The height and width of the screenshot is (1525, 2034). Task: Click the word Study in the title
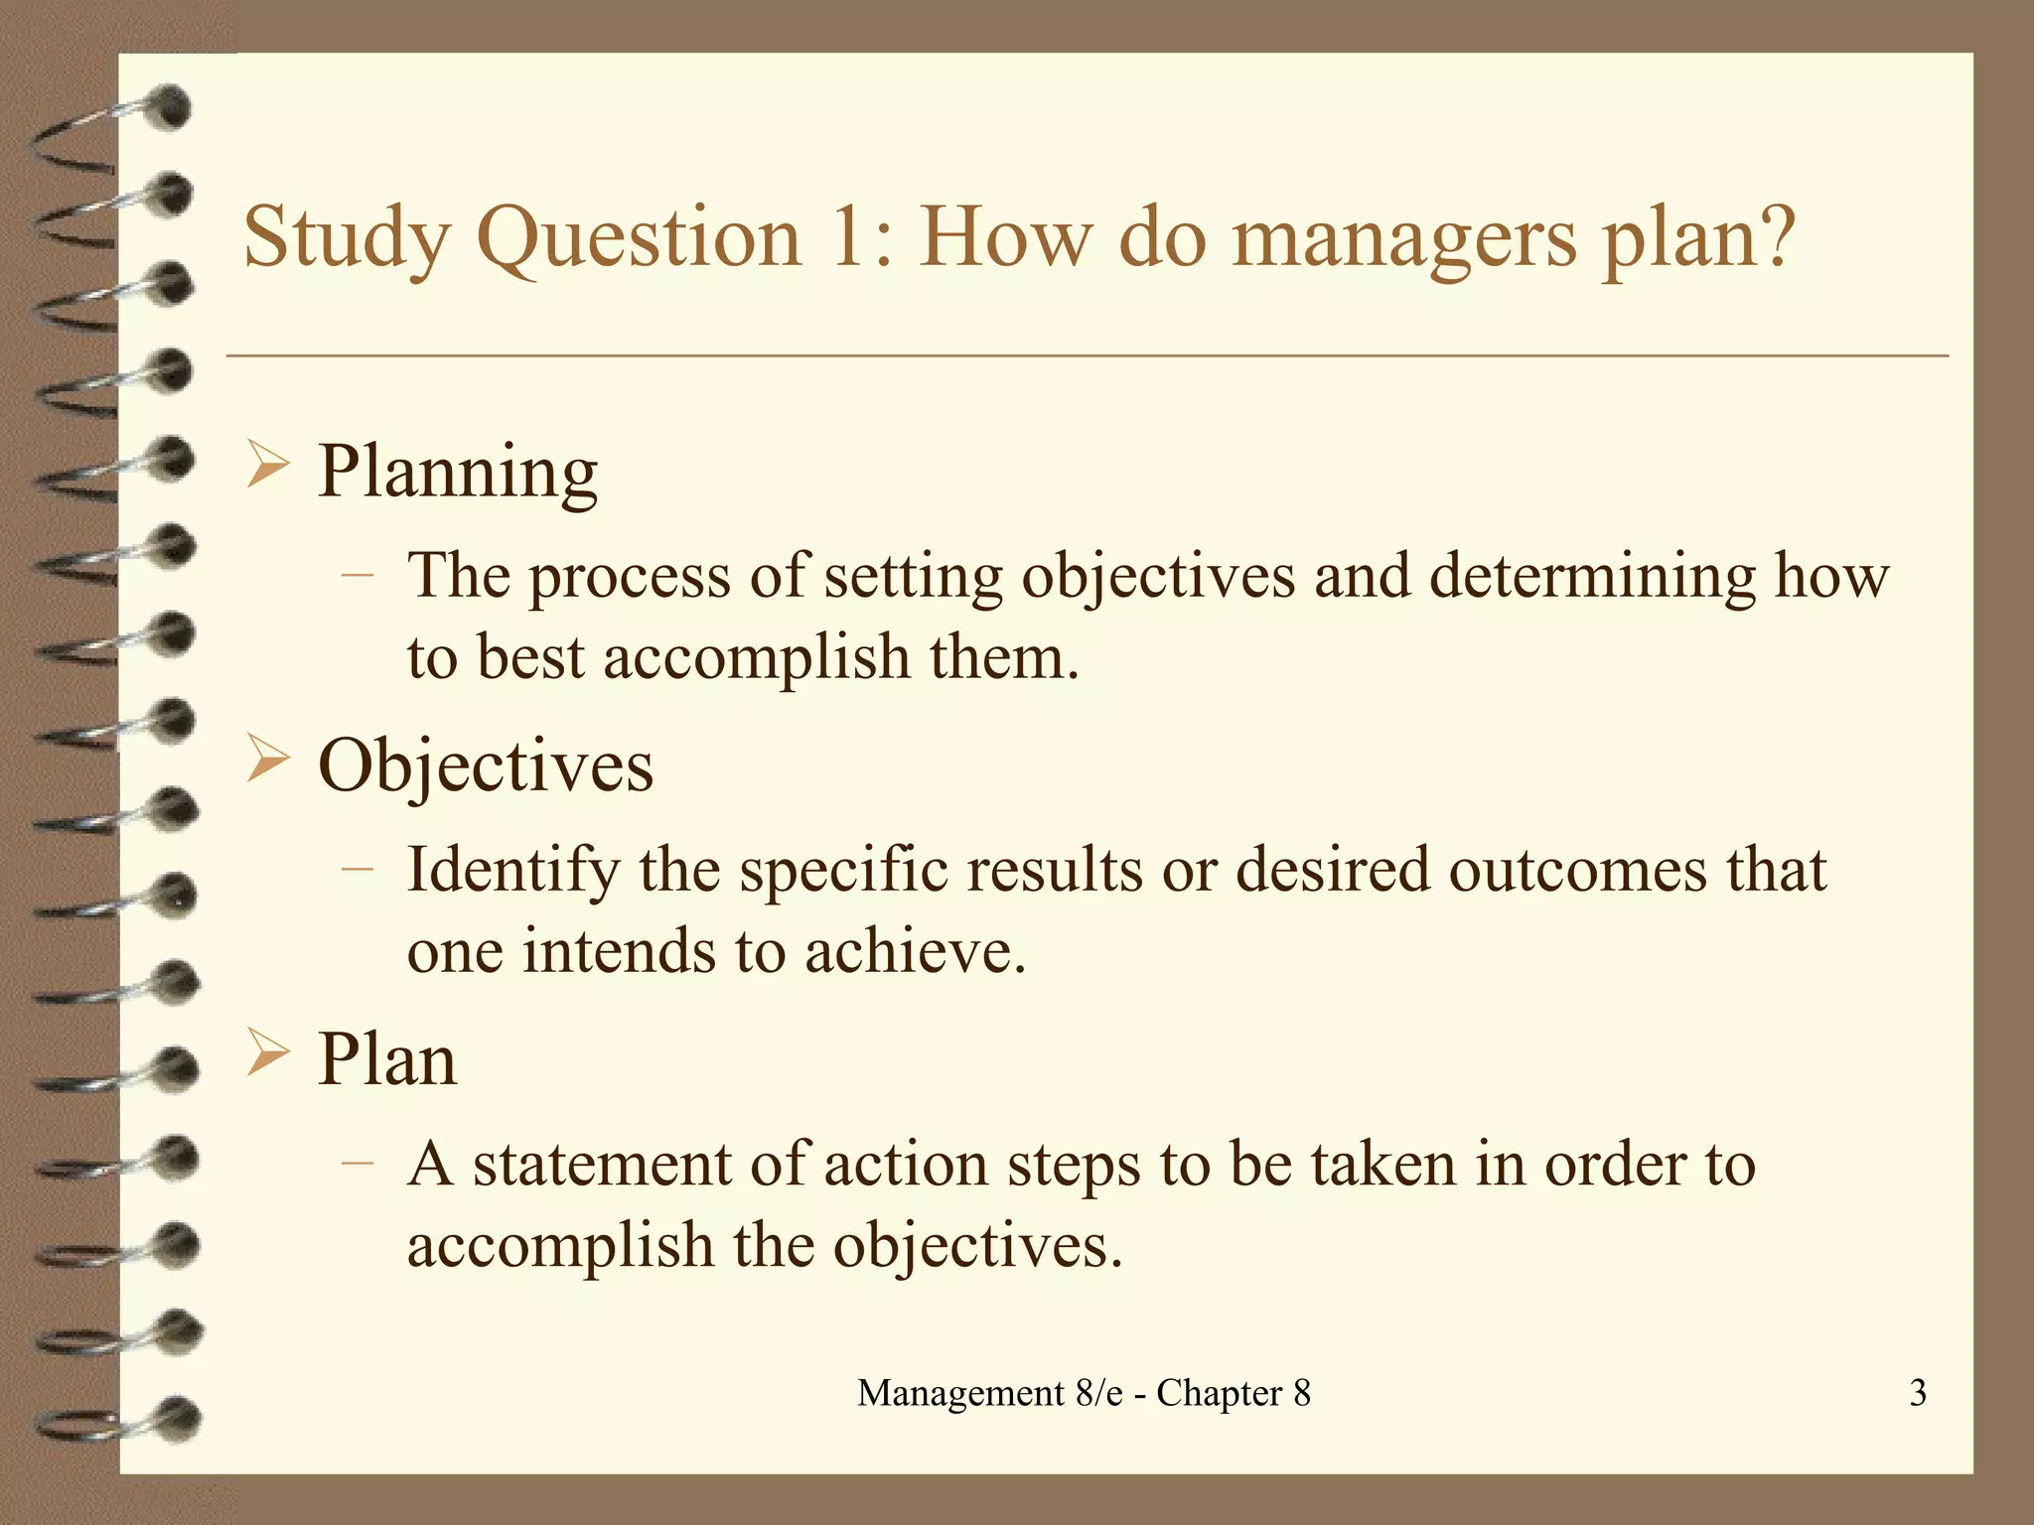tap(347, 238)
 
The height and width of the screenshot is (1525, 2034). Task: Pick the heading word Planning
tap(458, 473)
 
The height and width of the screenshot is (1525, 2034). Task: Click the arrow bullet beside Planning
tap(267, 466)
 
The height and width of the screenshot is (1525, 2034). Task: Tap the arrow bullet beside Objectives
tap(267, 761)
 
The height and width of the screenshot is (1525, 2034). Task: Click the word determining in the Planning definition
tap(1592, 577)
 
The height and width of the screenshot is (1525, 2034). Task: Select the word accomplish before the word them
tap(757, 657)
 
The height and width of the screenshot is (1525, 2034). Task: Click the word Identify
tap(513, 871)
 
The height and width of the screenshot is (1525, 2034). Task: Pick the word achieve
tap(914, 951)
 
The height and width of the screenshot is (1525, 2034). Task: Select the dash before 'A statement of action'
tap(357, 1162)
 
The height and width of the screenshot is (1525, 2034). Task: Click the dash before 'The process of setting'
tap(357, 574)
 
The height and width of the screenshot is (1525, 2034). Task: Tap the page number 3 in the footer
tap(1918, 1393)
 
